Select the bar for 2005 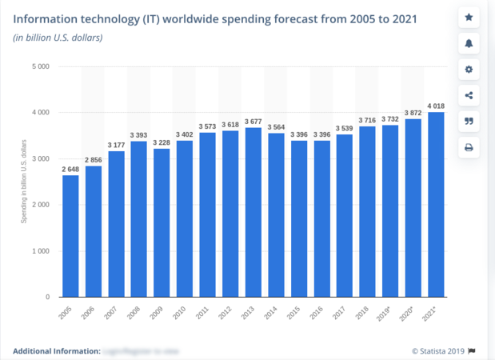[70, 236]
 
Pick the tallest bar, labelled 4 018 [436, 204]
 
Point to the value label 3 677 [253, 122]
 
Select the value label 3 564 [276, 127]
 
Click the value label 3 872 [413, 113]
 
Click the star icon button [469, 18]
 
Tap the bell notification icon [469, 43]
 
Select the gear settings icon [469, 70]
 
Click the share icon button [469, 96]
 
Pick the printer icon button [469, 147]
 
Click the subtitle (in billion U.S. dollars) [57, 37]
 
